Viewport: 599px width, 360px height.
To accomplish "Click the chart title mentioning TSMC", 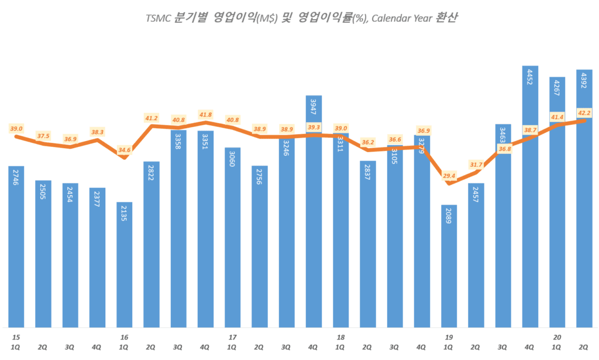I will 301,18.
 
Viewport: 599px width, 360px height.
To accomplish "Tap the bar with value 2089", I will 449,266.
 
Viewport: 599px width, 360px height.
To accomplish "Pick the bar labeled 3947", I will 314,211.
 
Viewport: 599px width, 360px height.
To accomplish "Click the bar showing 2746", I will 16,246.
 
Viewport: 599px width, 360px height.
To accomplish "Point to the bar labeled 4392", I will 584,199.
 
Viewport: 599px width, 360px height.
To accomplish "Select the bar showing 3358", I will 178,228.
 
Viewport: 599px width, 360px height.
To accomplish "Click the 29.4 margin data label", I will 449,175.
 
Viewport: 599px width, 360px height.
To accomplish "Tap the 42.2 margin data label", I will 584,113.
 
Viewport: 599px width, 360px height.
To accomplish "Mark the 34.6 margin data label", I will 125,150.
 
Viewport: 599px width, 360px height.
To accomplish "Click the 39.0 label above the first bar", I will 16,129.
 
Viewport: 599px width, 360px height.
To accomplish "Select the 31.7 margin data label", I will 476,164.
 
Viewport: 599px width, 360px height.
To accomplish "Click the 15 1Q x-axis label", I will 16,342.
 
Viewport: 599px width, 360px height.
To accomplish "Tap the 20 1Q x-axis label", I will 557,342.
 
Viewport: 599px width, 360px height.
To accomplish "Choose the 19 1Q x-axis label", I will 449,342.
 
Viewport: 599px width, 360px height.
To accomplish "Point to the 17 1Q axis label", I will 233,342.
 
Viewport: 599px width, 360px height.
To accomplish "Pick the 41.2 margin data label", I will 152,118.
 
